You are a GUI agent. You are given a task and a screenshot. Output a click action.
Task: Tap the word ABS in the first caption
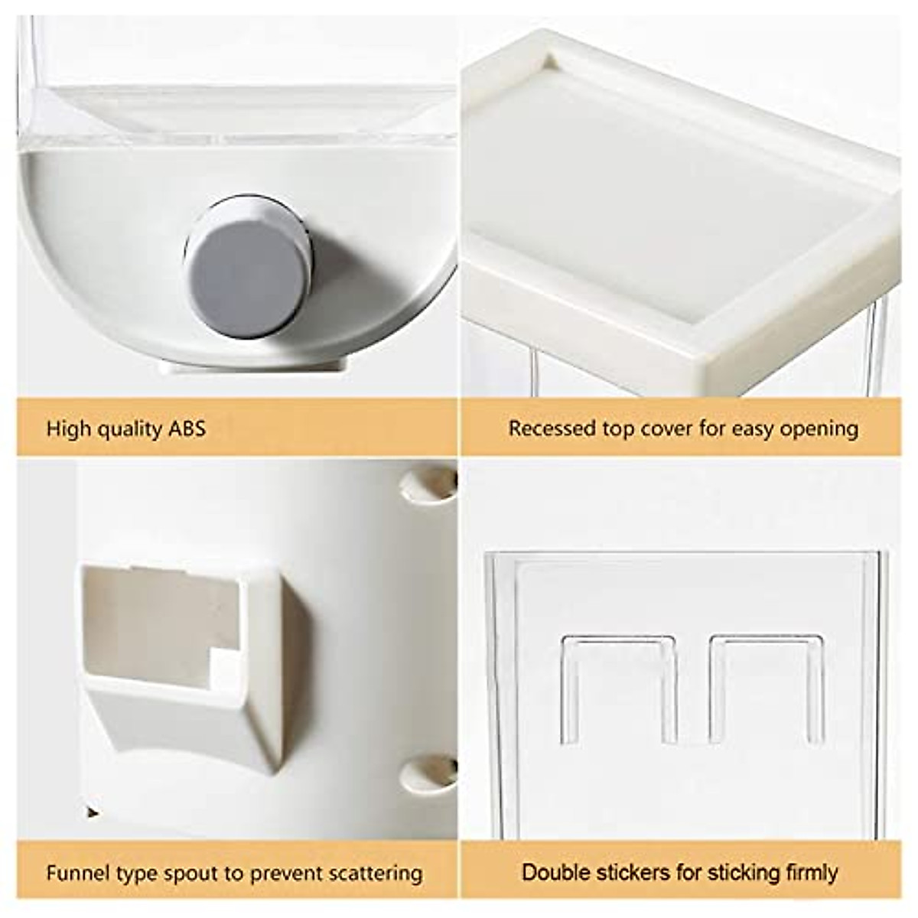coord(185,428)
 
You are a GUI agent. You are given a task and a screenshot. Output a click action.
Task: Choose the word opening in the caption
coord(819,429)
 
